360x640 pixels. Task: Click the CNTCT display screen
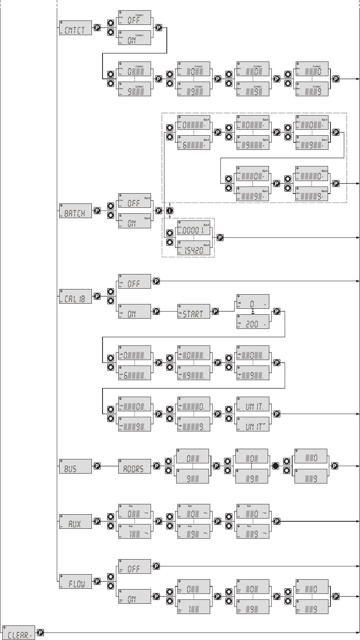pos(75,28)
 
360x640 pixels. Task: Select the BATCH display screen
pos(75,211)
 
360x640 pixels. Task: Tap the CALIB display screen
pos(75,296)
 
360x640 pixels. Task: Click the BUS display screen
pos(75,466)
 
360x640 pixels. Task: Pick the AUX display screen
pos(75,521)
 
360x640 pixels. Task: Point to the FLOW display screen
pos(75,581)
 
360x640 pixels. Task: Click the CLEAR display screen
pos(19,632)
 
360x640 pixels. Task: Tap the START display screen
pos(194,311)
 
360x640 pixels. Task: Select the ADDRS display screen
pos(134,466)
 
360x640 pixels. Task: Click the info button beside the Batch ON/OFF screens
pos(170,211)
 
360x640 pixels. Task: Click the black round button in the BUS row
pos(276,466)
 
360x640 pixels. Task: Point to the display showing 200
pos(253,321)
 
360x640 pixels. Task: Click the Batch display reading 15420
pos(194,248)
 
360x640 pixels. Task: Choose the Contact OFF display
pos(134,18)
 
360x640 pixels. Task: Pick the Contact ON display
pos(134,38)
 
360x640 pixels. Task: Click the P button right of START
pos(216,311)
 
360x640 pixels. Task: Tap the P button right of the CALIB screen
pos(97,296)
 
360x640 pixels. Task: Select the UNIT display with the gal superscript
pos(253,424)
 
